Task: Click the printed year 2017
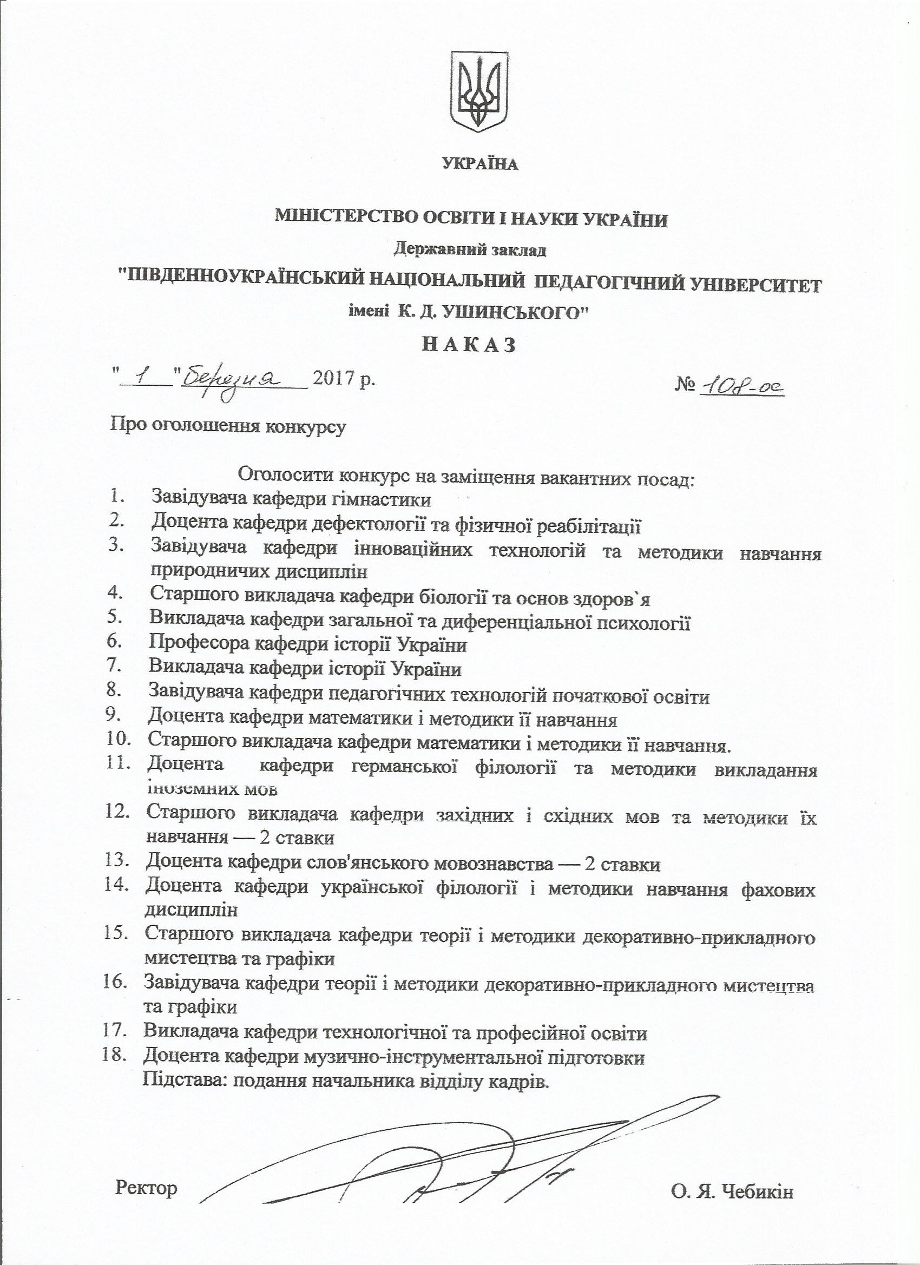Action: [336, 380]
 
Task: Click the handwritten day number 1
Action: [142, 379]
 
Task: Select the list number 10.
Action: [119, 740]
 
